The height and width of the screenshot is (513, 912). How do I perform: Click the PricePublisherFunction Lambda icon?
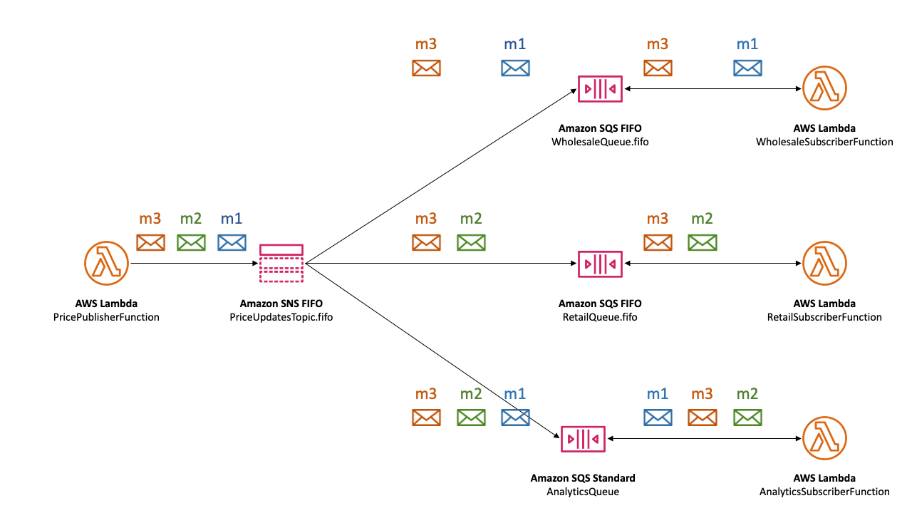click(106, 263)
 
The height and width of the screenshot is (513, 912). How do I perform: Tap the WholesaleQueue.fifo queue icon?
click(600, 89)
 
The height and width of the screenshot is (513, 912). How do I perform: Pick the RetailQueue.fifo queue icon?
click(600, 264)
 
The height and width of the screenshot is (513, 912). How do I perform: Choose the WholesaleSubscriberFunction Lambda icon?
click(824, 88)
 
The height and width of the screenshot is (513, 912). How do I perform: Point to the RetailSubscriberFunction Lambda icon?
click(824, 263)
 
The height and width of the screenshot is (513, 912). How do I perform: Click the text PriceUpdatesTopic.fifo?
click(281, 317)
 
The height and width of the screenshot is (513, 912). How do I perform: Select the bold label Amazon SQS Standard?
click(583, 478)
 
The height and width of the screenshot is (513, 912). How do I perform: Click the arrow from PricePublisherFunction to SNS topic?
click(192, 264)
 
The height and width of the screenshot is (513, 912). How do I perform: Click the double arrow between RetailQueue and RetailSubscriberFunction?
click(712, 264)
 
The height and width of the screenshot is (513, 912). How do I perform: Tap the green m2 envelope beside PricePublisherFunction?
click(191, 242)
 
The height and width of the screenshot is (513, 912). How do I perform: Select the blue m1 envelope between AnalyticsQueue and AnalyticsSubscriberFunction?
click(658, 418)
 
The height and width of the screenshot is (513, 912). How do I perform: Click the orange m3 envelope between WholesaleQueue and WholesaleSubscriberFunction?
click(658, 68)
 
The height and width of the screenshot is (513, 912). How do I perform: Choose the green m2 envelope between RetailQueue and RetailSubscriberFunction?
click(703, 242)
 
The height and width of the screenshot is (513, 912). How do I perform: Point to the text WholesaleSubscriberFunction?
click(824, 142)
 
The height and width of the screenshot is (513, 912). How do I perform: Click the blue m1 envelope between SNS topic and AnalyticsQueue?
click(515, 418)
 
